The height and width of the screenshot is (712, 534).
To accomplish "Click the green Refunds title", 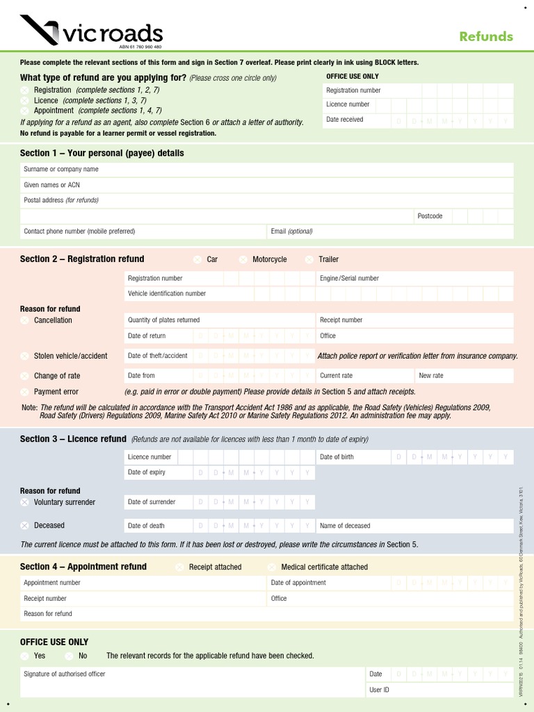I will pos(486,37).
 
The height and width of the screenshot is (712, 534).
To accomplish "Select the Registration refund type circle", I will pos(25,90).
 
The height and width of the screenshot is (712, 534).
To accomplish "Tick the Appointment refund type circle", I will pos(25,111).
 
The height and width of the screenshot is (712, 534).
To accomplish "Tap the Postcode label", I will pos(430,216).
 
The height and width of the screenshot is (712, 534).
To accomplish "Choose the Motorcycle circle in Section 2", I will pos(243,259).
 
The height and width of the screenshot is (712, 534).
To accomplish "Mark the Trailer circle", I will pos(309,259).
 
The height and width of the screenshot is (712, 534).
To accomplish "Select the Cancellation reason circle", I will pos(25,321).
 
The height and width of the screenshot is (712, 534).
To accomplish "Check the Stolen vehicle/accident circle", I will pos(25,356).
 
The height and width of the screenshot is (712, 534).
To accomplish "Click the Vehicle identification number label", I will pos(167,293).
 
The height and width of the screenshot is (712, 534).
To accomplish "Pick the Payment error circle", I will pos(25,392).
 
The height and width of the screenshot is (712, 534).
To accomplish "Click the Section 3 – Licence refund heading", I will pos(73,439).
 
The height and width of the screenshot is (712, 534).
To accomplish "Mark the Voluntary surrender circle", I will pos(25,502).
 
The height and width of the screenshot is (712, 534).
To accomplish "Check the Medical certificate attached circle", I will pos(272,567).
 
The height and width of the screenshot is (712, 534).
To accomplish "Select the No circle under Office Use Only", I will pos(70,656).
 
